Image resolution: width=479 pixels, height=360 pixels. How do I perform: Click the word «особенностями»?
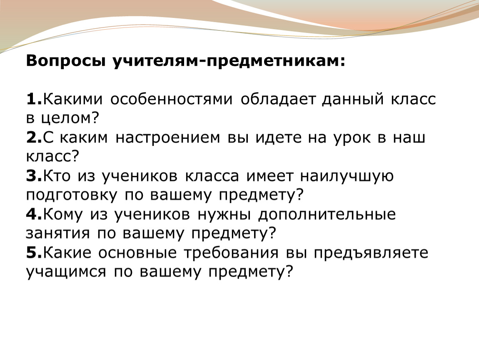[171, 100]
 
